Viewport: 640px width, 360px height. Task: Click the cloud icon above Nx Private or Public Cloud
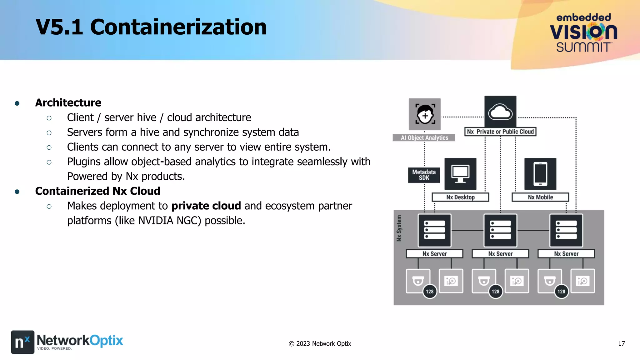pyautogui.click(x=500, y=112)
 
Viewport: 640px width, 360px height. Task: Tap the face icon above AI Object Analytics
pyautogui.click(x=425, y=114)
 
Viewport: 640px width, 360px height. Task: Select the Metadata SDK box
pyautogui.click(x=424, y=175)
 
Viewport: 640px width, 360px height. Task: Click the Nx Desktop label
pyautogui.click(x=460, y=197)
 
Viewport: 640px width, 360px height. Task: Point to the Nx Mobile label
pyautogui.click(x=540, y=197)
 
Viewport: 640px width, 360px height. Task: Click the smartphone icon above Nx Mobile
pyautogui.click(x=540, y=174)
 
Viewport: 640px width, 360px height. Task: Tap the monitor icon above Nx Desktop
pyautogui.click(x=460, y=174)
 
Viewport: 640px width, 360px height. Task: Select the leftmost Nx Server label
pyautogui.click(x=434, y=254)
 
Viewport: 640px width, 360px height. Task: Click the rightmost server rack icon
pyautogui.click(x=566, y=230)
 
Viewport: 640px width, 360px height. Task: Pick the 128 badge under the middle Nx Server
pyautogui.click(x=496, y=292)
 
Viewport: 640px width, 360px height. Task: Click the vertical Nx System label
pyautogui.click(x=399, y=228)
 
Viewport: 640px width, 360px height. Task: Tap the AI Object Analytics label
pyautogui.click(x=424, y=138)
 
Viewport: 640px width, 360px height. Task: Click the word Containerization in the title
pyautogui.click(x=178, y=27)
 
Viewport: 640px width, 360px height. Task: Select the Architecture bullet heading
pyautogui.click(x=68, y=102)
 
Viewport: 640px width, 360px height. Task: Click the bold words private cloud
pyautogui.click(x=206, y=206)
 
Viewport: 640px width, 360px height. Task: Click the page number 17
pyautogui.click(x=621, y=344)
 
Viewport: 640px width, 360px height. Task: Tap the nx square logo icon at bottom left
pyautogui.click(x=22, y=342)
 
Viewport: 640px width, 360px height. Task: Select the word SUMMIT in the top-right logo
pyautogui.click(x=583, y=47)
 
